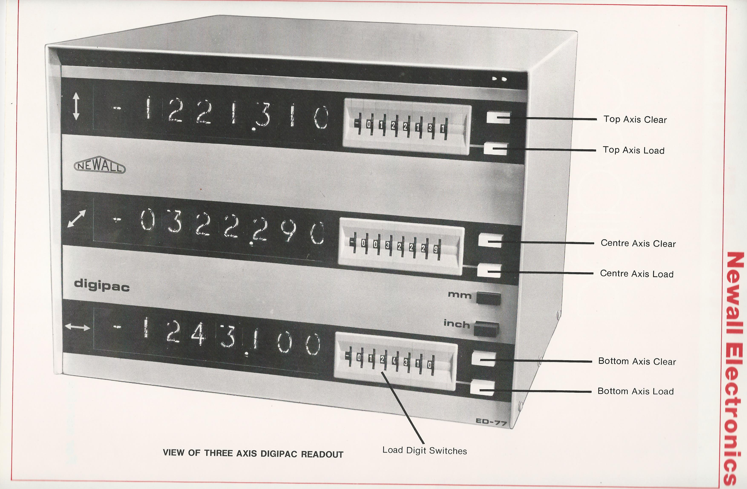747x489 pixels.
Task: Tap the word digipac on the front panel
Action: [x=102, y=285]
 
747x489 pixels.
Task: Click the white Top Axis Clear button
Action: [x=498, y=118]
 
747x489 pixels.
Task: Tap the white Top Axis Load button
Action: [x=496, y=149]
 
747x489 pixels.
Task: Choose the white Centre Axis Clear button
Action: [x=491, y=241]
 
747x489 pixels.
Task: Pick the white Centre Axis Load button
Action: [x=489, y=270]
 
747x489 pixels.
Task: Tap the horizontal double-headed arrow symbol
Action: [x=77, y=327]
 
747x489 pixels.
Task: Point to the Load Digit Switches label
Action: [x=424, y=450]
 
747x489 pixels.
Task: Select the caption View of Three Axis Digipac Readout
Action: [x=253, y=453]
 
